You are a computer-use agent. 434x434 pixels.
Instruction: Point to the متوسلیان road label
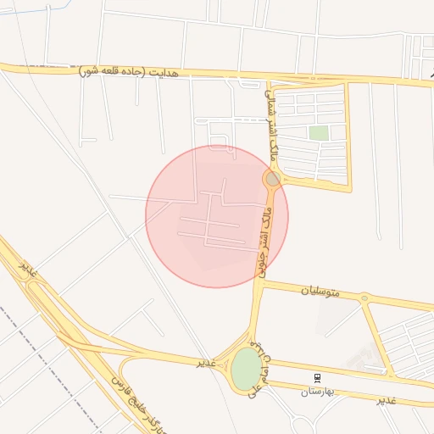tap(320, 292)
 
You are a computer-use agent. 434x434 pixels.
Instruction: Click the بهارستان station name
tap(319, 391)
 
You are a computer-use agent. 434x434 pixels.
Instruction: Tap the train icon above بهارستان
tap(318, 376)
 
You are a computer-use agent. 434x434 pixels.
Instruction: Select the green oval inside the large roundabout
tap(246, 370)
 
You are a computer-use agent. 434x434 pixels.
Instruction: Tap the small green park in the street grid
tap(319, 133)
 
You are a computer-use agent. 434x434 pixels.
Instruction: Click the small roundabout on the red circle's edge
tap(272, 179)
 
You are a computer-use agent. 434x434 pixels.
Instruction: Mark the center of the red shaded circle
tap(216, 216)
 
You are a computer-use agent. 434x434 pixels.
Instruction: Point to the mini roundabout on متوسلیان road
tap(364, 298)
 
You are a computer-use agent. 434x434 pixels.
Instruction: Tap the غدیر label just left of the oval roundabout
tap(207, 363)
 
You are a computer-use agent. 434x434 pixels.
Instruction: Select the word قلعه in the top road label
tap(110, 71)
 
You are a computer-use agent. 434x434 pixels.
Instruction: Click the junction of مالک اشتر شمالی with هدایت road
tap(270, 81)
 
